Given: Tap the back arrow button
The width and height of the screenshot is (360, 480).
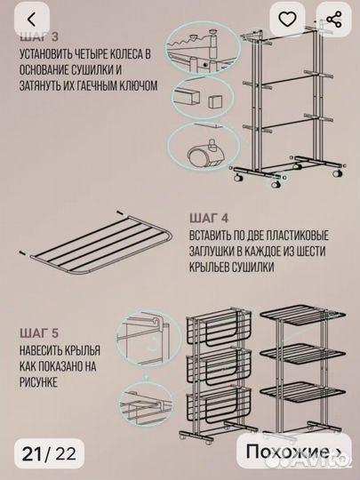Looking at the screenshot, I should pyautogui.click(x=32, y=20).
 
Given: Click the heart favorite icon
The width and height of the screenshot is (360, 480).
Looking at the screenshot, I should pyautogui.click(x=288, y=20).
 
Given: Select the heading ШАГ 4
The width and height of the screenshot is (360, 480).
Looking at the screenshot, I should pyautogui.click(x=211, y=216).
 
